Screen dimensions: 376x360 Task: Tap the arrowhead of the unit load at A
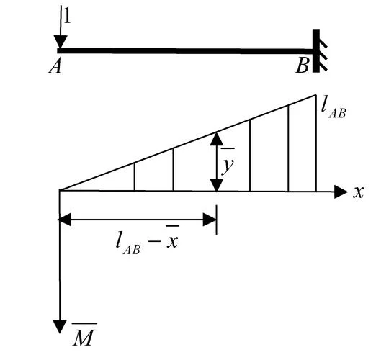click(x=61, y=42)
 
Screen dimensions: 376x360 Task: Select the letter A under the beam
click(x=55, y=66)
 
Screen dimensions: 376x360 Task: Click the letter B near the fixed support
click(x=302, y=66)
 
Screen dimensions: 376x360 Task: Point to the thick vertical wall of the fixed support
click(x=316, y=50)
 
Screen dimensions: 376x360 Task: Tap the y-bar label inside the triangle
click(x=227, y=162)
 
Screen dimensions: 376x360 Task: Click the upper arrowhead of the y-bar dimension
click(x=217, y=139)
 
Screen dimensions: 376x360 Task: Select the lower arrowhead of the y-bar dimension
click(x=217, y=185)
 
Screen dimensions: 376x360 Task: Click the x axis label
click(x=359, y=192)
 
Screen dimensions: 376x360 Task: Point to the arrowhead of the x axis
click(x=341, y=192)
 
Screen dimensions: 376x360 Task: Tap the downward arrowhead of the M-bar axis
click(x=60, y=327)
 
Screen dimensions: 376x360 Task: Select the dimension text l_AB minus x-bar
click(x=147, y=240)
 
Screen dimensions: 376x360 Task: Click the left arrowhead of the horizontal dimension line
click(x=65, y=220)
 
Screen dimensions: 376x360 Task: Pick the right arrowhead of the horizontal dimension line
click(x=210, y=220)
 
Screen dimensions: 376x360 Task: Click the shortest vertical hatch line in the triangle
click(x=135, y=177)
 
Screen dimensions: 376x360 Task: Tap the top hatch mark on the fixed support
click(x=323, y=44)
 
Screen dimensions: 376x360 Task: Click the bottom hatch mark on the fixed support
click(x=323, y=66)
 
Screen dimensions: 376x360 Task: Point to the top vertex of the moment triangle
click(x=316, y=95)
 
